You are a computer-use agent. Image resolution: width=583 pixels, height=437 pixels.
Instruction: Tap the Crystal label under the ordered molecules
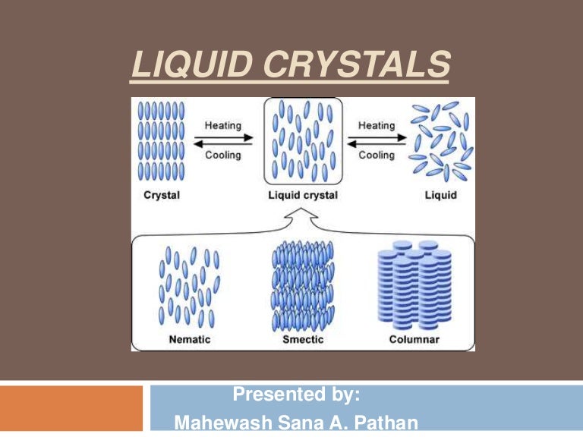pos(162,195)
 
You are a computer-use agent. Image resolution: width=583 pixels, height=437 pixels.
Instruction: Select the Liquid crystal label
pos(303,195)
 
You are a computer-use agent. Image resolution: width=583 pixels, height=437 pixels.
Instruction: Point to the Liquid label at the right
pos(441,195)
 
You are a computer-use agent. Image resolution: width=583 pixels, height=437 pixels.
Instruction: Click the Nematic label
pos(189,339)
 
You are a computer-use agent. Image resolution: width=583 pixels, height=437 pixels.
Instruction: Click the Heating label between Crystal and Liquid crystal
pos(223,126)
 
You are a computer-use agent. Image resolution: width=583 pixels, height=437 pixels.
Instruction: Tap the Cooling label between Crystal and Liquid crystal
pos(223,155)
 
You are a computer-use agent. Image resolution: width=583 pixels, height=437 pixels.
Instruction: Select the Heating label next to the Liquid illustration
pos(377,126)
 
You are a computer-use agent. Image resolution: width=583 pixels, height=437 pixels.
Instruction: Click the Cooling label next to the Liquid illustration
pos(377,155)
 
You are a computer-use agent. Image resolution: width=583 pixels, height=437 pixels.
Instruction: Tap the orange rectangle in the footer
pos(71,407)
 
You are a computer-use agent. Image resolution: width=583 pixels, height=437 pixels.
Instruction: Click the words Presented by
pos(296,395)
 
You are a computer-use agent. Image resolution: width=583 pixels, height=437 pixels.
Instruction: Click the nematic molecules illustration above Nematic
pos(189,285)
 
